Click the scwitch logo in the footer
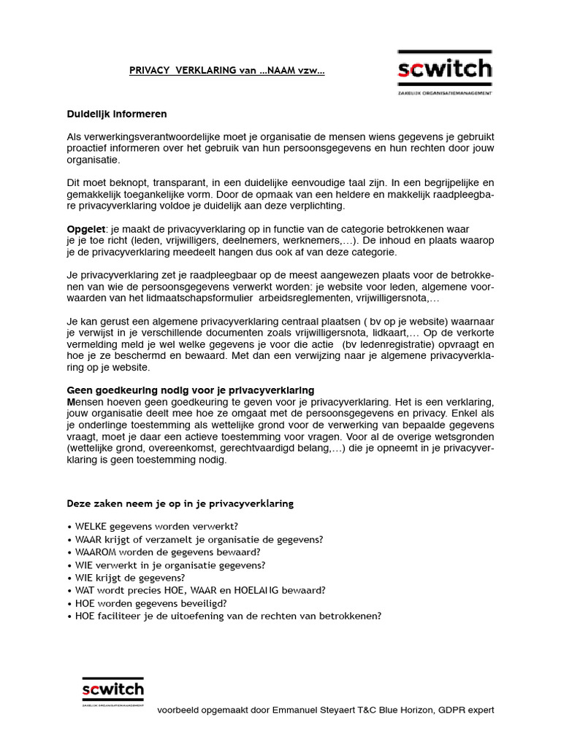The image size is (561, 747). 112,689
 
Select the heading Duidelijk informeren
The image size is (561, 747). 117,114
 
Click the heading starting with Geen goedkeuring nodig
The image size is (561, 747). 191,390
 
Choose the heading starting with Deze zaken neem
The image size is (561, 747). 180,503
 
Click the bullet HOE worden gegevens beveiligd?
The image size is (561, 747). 150,603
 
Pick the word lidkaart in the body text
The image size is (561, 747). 393,333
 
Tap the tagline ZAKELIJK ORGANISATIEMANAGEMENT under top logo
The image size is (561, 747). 444,93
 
